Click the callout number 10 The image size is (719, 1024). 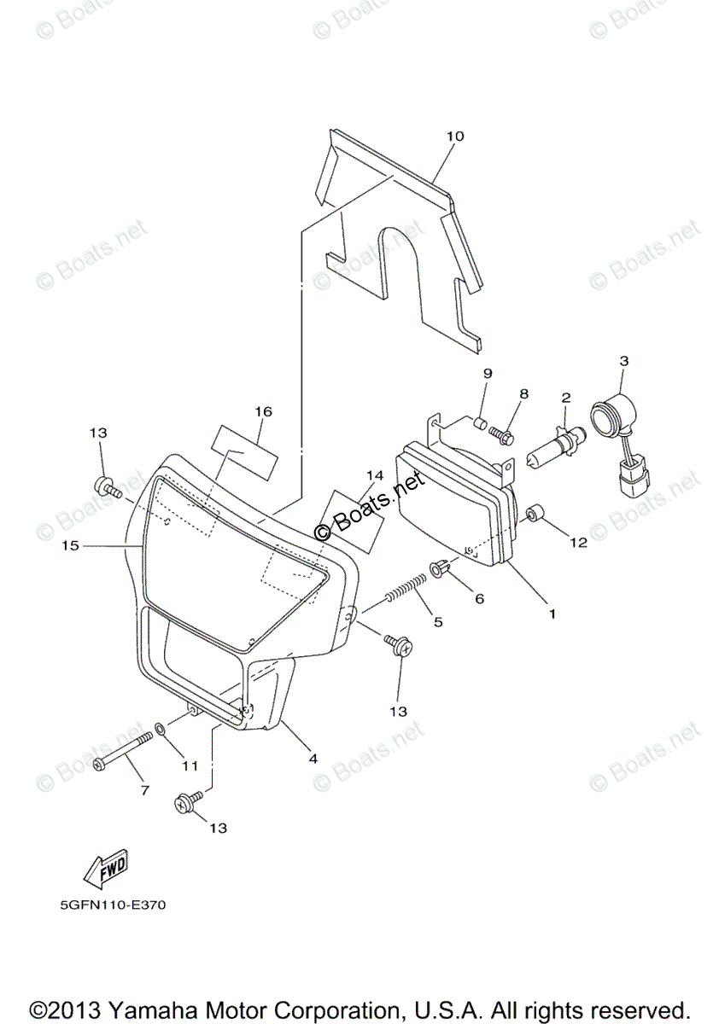454,137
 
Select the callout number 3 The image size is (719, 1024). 623,362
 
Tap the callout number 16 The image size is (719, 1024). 262,411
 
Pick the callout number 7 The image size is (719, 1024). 144,790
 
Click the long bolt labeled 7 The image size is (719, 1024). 120,750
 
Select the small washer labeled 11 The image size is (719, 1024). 160,730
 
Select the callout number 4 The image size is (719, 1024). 313,758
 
